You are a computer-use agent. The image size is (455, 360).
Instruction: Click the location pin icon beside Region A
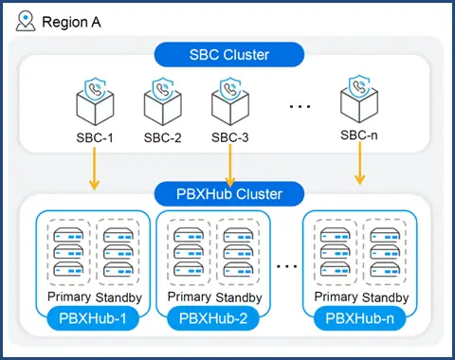pyautogui.click(x=26, y=20)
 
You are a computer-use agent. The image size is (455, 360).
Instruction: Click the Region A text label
pyautogui.click(x=73, y=20)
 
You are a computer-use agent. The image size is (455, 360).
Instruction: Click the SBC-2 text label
pyautogui.click(x=162, y=137)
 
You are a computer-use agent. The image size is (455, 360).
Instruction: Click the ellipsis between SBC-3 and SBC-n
pyautogui.click(x=299, y=105)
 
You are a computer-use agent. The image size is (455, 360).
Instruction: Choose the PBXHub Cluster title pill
pyautogui.click(x=227, y=195)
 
